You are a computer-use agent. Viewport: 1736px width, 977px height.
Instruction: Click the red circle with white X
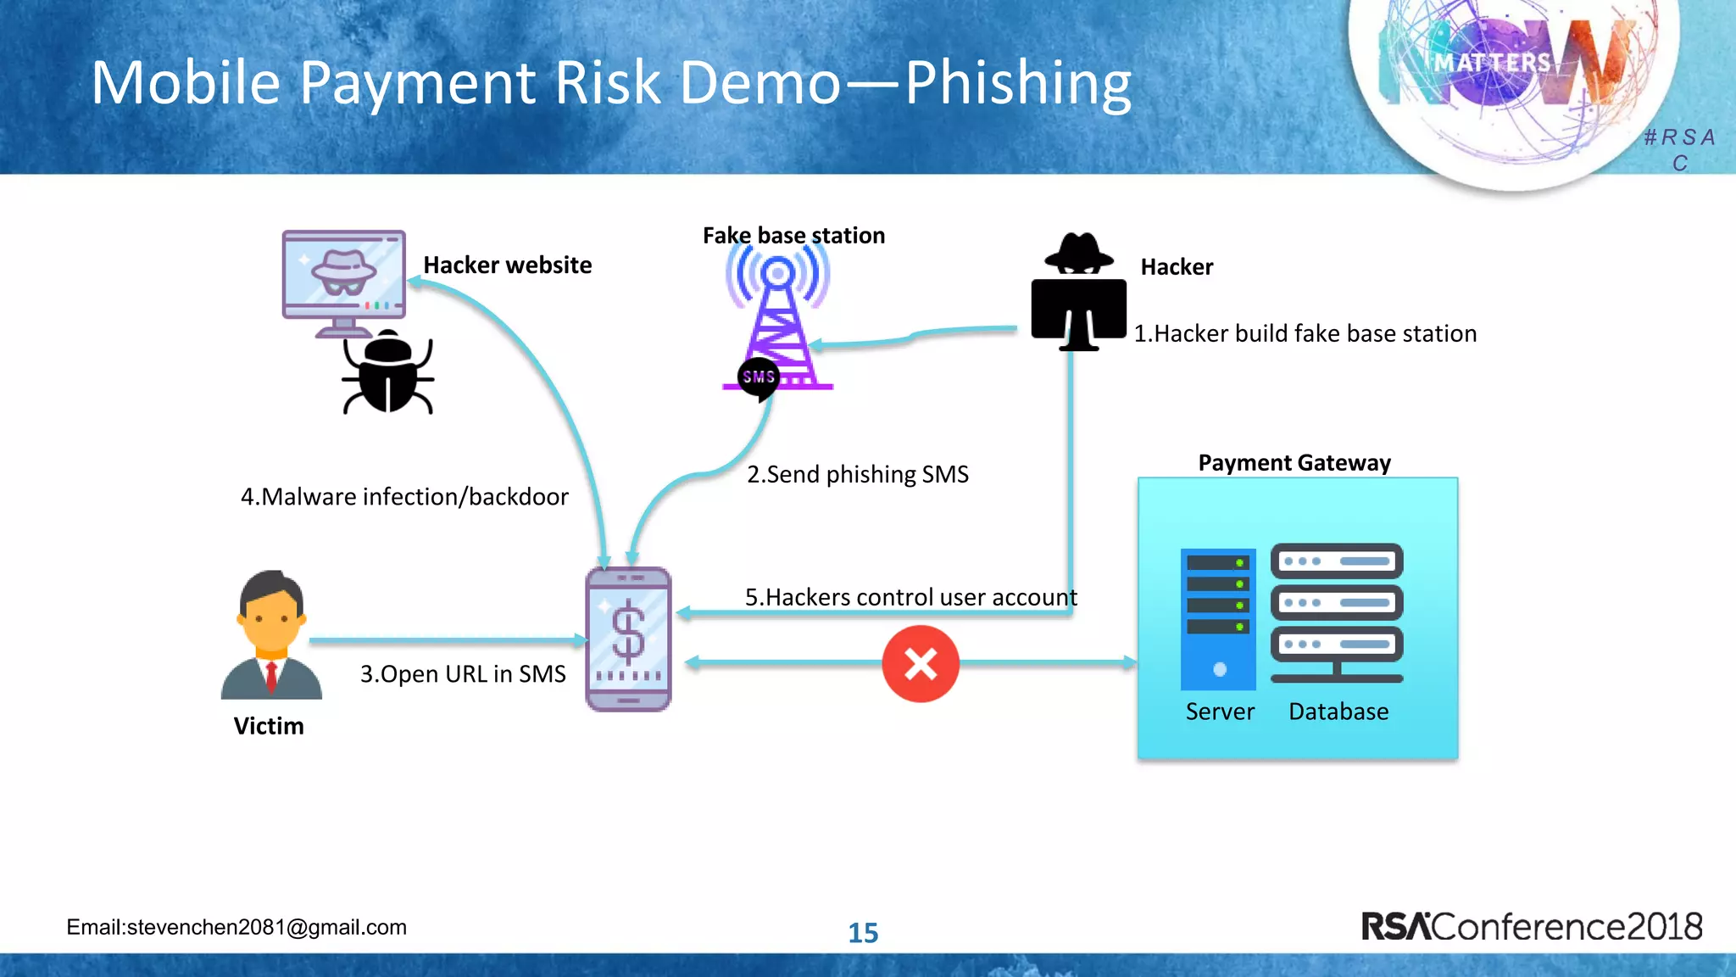(x=921, y=664)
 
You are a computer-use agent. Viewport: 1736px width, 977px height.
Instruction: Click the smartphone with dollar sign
(x=628, y=639)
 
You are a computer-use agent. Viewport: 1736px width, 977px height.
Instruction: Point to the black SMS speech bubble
(x=759, y=377)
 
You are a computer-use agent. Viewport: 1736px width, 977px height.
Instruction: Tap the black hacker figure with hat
(x=1078, y=293)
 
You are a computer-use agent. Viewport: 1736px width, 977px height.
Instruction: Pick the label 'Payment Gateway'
(x=1294, y=463)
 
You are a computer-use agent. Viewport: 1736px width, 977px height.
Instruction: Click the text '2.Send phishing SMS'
(x=857, y=475)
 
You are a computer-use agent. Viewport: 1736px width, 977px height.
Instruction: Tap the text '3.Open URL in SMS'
(x=463, y=674)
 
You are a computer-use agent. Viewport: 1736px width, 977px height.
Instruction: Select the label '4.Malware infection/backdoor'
(x=404, y=497)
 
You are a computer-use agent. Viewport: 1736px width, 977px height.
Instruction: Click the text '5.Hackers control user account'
(x=911, y=598)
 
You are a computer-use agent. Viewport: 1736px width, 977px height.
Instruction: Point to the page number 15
(x=863, y=933)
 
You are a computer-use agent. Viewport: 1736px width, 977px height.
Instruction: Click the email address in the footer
(x=236, y=927)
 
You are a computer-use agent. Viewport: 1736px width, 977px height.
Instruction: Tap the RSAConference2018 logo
(x=1531, y=926)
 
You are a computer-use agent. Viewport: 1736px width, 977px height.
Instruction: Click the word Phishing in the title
(x=1018, y=83)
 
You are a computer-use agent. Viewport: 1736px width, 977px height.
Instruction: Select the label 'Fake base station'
(x=793, y=236)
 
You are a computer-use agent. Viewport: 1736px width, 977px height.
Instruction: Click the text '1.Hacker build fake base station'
(x=1305, y=334)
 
